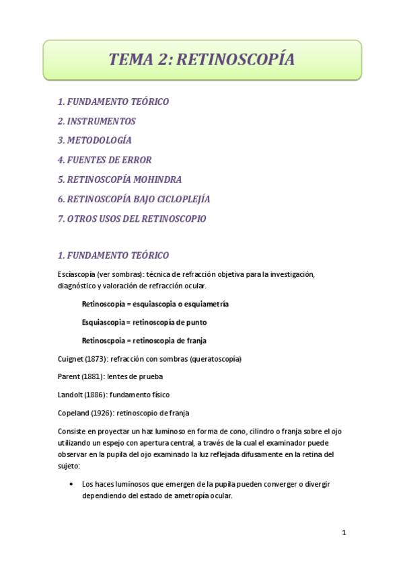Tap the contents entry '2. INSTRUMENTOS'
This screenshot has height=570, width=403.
[x=96, y=122]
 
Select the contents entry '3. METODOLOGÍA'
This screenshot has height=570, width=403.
[x=94, y=141]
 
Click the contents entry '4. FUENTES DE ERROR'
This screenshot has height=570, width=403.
[x=104, y=160]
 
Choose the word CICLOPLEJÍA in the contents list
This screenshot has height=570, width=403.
[x=180, y=199]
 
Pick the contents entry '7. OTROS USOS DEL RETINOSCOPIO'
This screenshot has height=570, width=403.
[x=132, y=218]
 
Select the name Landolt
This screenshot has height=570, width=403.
[x=73, y=394]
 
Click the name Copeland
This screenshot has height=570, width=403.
[x=76, y=412]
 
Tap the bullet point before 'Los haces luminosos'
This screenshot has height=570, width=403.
[x=71, y=484]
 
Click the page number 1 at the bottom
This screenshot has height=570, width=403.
[x=343, y=533]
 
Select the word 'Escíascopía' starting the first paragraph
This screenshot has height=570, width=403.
[x=78, y=274]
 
